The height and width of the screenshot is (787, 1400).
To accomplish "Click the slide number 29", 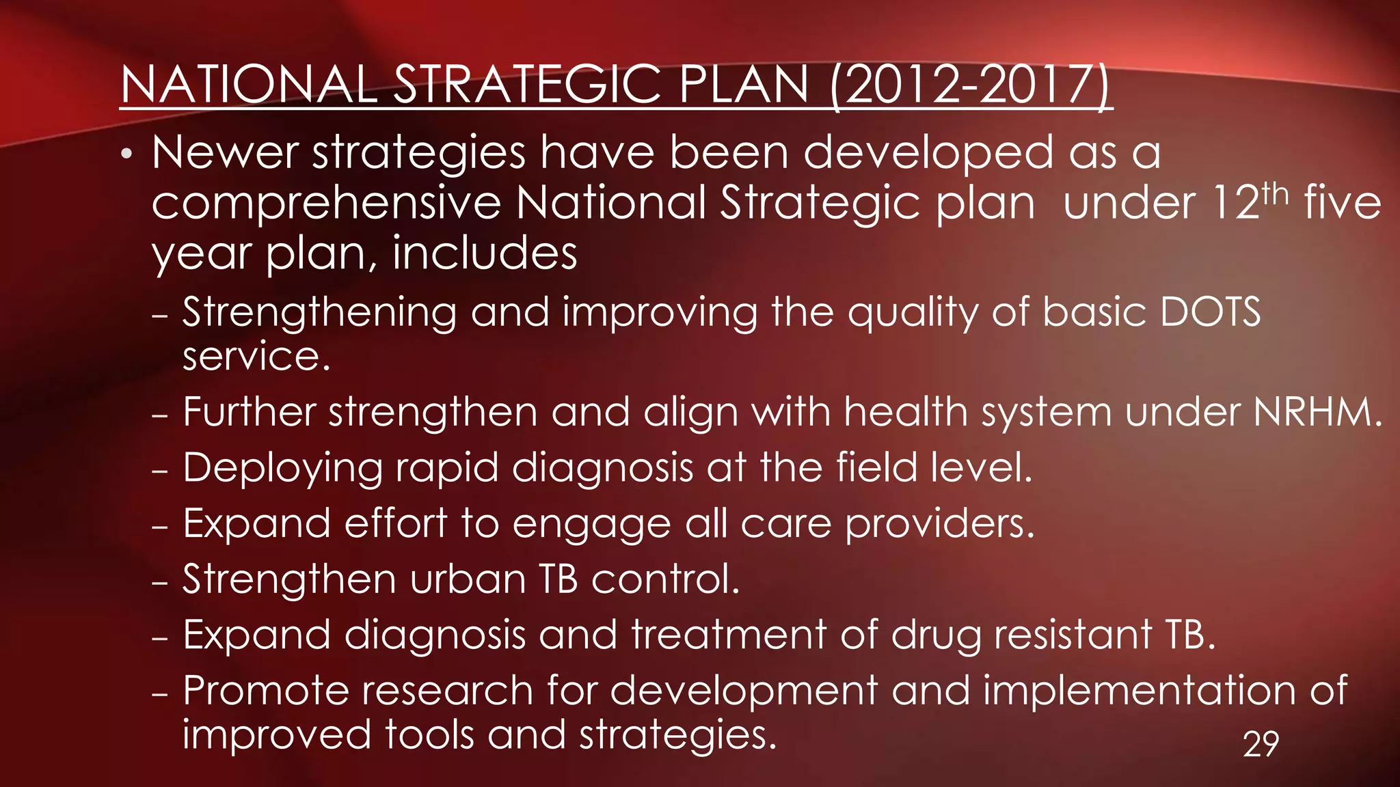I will click(x=1261, y=744).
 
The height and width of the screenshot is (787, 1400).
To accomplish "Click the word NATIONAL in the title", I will click(x=248, y=85).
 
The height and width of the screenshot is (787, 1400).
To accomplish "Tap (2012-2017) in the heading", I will click(x=971, y=85).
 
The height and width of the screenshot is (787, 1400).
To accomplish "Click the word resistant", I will click(x=1073, y=635).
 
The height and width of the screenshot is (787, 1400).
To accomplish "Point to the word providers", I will click(x=940, y=525).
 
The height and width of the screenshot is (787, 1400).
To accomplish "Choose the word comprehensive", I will click(x=326, y=203).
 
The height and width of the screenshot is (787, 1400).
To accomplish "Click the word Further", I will click(x=249, y=412).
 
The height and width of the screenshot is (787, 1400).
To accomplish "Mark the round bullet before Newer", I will click(x=126, y=154).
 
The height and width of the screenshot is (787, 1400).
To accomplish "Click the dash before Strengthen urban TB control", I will click(x=160, y=583).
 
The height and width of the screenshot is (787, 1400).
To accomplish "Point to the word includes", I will click(x=485, y=253).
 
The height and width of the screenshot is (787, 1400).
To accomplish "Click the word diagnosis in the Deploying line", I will click(x=602, y=469).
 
